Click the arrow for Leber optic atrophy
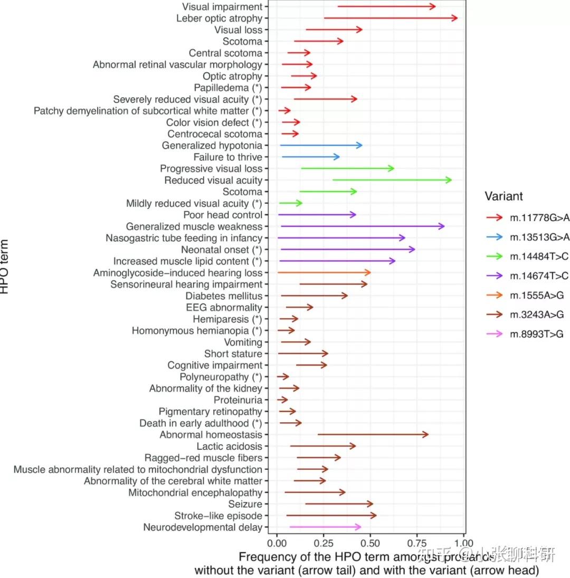point(391,18)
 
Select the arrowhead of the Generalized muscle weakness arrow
point(442,226)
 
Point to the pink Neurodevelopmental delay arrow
point(325,527)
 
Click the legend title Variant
point(504,196)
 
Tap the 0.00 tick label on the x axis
point(277,543)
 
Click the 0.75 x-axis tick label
point(417,543)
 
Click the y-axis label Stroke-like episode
point(218,516)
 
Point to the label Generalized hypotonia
point(212,146)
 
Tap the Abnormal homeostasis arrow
point(373,434)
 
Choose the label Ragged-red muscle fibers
point(203,458)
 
